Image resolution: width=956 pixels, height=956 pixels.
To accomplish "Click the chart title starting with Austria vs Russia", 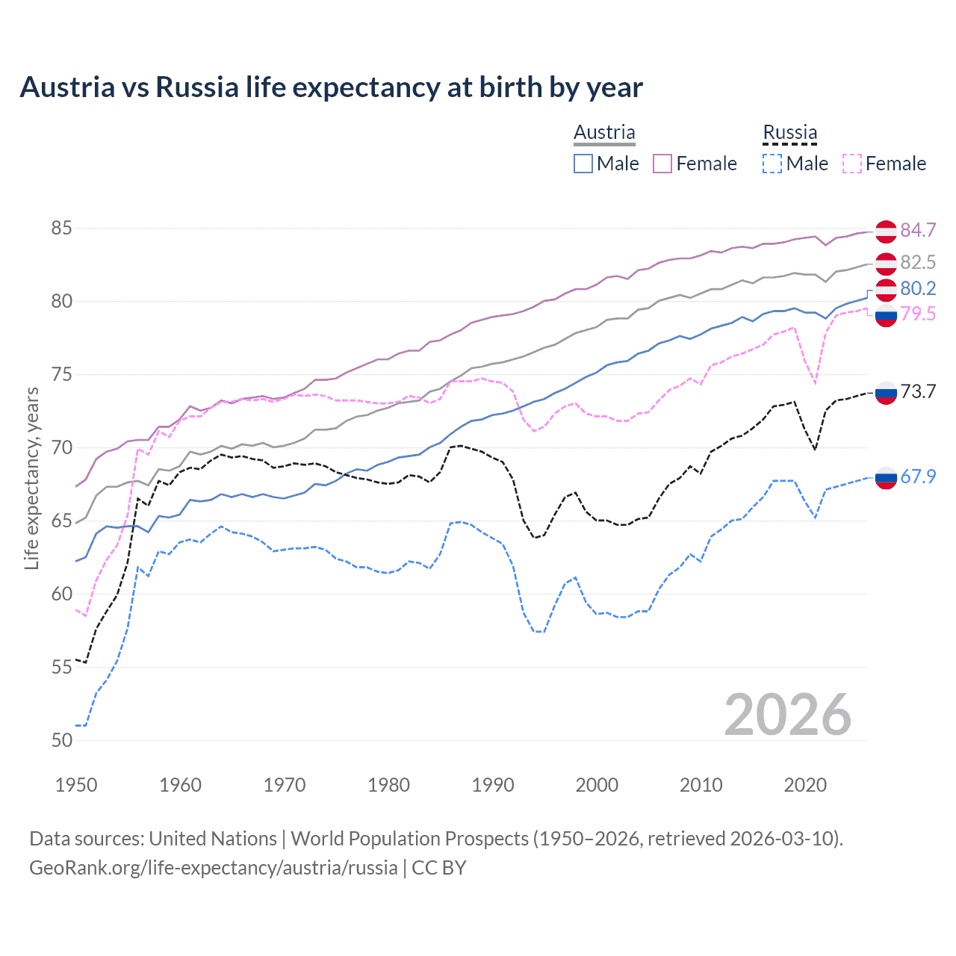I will [x=331, y=87].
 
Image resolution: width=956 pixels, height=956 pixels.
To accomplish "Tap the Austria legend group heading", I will [x=604, y=132].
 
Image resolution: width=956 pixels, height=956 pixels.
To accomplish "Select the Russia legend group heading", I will [x=789, y=132].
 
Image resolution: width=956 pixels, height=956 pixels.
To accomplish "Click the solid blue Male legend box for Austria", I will [x=583, y=164].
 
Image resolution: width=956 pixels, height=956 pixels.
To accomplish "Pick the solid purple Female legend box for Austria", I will [x=662, y=164].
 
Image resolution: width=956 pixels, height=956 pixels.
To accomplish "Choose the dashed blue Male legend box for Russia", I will [x=772, y=164].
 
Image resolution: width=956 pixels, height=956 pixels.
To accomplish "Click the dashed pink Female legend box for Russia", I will [x=851, y=164].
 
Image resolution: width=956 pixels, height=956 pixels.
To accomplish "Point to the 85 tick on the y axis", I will [x=61, y=228].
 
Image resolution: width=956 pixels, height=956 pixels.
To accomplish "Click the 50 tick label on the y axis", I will [x=61, y=740].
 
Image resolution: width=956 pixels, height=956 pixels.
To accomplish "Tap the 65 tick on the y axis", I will [x=61, y=521].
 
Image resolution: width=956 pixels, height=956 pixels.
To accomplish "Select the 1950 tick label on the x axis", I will [x=76, y=785].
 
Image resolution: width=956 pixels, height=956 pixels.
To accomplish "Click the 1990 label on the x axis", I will [x=493, y=785].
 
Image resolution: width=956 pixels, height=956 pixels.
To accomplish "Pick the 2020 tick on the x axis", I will [x=805, y=785].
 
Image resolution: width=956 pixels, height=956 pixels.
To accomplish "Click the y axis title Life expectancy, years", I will [x=31, y=478].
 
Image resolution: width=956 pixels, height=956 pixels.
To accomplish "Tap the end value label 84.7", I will [x=918, y=230].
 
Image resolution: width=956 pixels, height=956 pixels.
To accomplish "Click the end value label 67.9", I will [x=918, y=477].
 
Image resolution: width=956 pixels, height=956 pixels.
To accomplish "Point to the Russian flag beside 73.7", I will [x=886, y=393].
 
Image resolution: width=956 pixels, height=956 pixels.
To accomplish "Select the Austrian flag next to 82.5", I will [x=886, y=264].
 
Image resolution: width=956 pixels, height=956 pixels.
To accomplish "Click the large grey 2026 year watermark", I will [x=787, y=715].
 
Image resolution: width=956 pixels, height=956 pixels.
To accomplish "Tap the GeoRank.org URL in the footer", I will [x=213, y=868].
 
